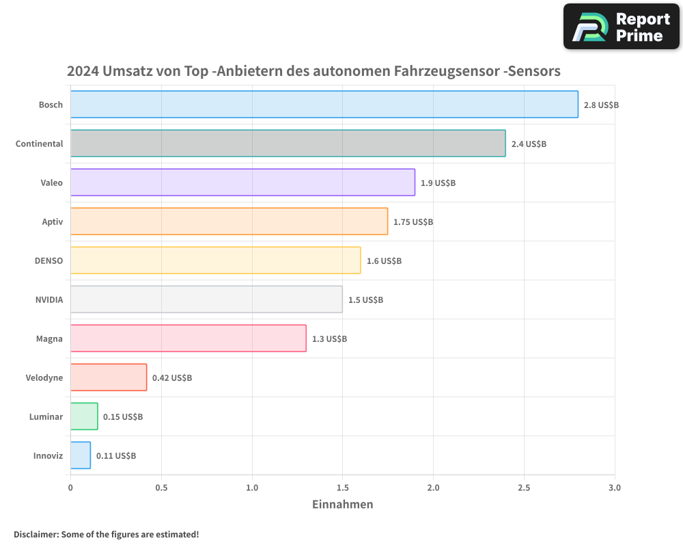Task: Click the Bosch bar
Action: (x=324, y=105)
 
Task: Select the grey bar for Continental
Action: (x=288, y=144)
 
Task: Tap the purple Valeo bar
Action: (x=242, y=183)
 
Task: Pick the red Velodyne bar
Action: (x=109, y=377)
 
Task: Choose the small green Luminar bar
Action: (x=84, y=416)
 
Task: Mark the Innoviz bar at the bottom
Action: (x=81, y=455)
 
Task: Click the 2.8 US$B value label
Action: (x=601, y=105)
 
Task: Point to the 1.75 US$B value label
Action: (x=413, y=222)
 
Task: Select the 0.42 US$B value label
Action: (x=172, y=377)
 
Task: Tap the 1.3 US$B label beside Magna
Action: (x=329, y=338)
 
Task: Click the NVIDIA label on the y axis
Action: (x=49, y=299)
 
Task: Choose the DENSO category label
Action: (x=48, y=261)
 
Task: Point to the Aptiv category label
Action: (x=52, y=222)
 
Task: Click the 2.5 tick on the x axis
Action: (x=524, y=488)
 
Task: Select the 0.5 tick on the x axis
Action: (x=161, y=488)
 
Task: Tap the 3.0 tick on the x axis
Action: (x=615, y=488)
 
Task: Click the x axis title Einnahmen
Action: (x=343, y=505)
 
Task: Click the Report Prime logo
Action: (x=622, y=27)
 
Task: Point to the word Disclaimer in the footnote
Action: (x=36, y=534)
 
